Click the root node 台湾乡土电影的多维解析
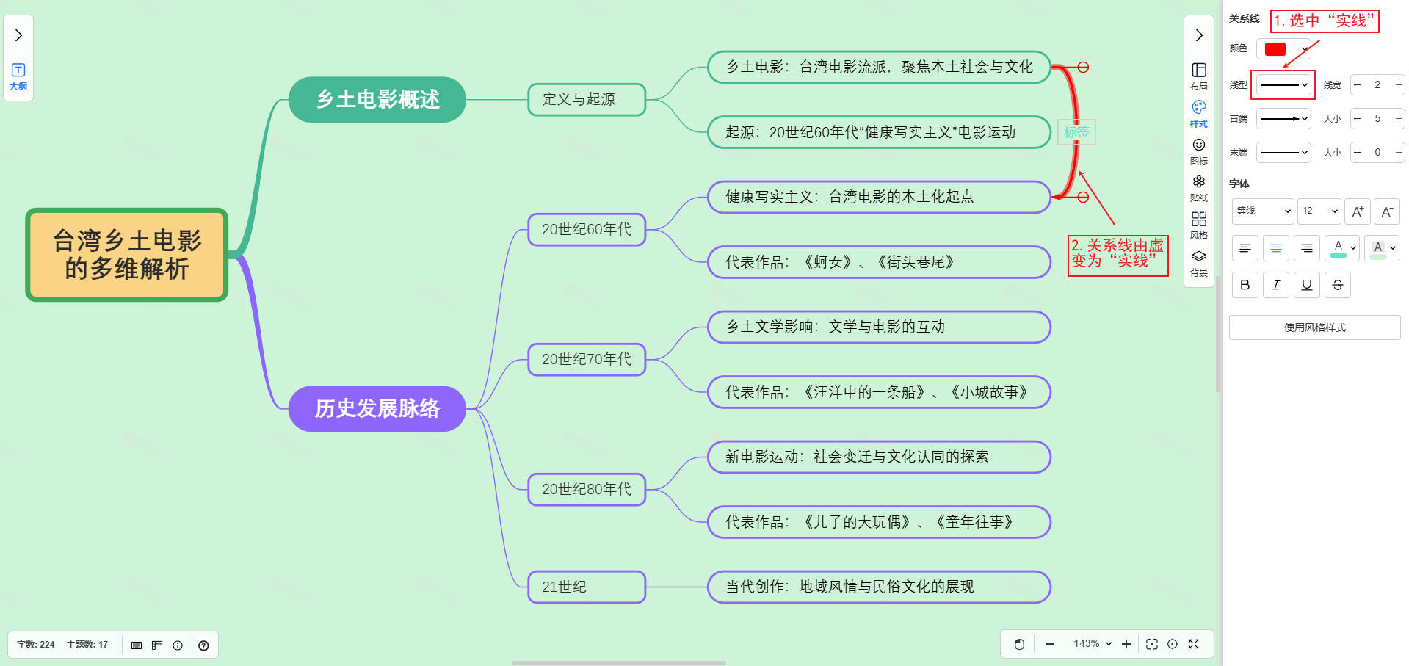click(x=127, y=255)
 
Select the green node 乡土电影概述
click(x=377, y=99)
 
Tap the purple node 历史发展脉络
click(x=377, y=408)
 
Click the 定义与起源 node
click(x=586, y=99)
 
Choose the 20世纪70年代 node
click(x=586, y=359)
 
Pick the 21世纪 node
click(x=586, y=587)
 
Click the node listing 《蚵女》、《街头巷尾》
click(x=878, y=262)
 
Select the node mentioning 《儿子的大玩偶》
click(x=878, y=522)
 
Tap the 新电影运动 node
click(x=878, y=457)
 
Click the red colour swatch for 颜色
click(x=1275, y=49)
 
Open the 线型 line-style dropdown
click(x=1283, y=85)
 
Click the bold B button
click(x=1245, y=285)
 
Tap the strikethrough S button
click(x=1337, y=285)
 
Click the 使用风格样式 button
click(x=1314, y=327)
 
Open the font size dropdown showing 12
click(x=1319, y=211)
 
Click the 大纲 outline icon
click(x=18, y=75)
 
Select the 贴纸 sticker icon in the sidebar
click(x=1198, y=187)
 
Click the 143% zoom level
click(x=1092, y=644)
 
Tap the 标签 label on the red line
click(x=1076, y=132)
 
